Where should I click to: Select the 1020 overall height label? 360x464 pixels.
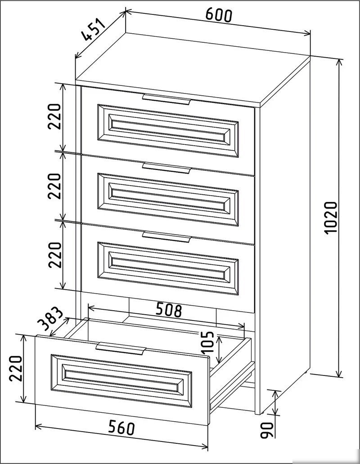[x=330, y=218]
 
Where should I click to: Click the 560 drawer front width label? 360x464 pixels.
[x=121, y=428]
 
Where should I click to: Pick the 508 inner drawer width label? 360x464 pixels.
[x=169, y=309]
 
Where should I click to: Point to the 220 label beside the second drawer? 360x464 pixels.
[x=54, y=186]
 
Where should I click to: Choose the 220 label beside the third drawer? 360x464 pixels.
[x=55, y=255]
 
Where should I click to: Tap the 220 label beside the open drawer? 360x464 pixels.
[x=15, y=368]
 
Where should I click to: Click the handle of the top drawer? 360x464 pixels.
[x=166, y=99]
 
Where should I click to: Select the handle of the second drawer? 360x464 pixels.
[x=166, y=168]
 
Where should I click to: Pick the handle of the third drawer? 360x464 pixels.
[x=166, y=237]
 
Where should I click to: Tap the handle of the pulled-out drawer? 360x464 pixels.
[x=121, y=348]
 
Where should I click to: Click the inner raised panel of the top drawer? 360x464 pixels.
[x=168, y=130]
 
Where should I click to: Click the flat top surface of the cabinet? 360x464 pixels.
[x=193, y=68]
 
